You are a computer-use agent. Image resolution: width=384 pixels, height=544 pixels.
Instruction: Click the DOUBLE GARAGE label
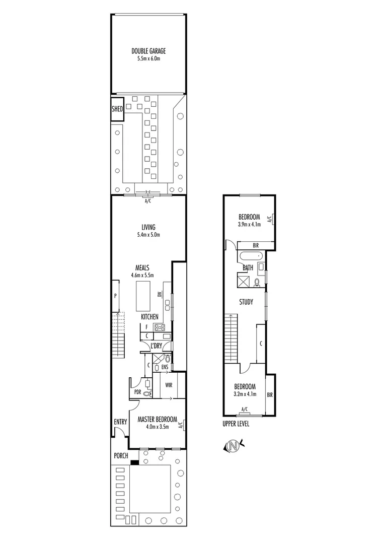[x=148, y=51]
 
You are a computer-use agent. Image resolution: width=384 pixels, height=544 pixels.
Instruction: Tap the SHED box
[x=117, y=109]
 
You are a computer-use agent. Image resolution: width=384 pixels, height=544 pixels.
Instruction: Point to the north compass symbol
[x=233, y=445]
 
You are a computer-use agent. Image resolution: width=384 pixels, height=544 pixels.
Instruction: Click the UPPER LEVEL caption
[x=236, y=424]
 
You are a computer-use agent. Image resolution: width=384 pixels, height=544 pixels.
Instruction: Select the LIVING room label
[x=148, y=227]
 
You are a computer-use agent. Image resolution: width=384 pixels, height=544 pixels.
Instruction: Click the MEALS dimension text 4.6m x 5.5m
[x=142, y=276]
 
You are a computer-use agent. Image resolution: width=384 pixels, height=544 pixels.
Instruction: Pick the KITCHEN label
[x=149, y=317]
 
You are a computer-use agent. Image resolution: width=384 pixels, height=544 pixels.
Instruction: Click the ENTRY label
[x=120, y=422]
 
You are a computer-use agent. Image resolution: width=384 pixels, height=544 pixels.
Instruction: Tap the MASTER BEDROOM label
[x=158, y=419]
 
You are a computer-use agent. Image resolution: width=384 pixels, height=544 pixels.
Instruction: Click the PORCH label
[x=121, y=456]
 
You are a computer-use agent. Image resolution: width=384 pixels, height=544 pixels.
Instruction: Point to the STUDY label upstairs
[x=246, y=302]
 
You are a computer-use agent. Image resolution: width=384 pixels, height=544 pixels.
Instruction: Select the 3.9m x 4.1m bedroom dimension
[x=249, y=224]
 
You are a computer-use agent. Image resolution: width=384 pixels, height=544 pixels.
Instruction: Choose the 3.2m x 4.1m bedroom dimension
[x=245, y=394]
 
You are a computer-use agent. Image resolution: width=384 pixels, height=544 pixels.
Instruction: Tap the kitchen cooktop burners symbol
[x=160, y=327]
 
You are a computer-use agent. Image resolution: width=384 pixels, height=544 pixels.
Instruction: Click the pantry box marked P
[x=115, y=296]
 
